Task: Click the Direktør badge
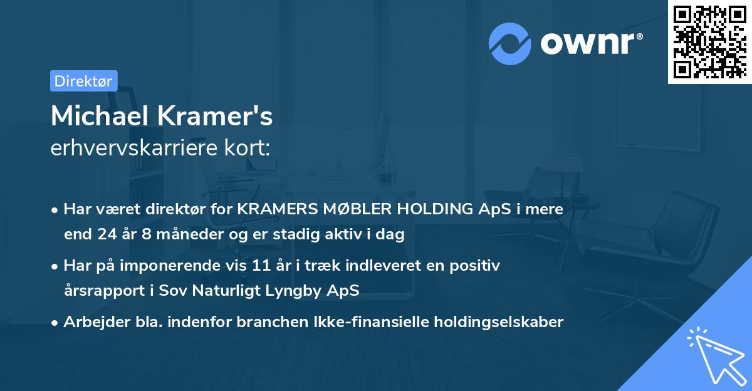click(83, 81)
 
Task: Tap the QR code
click(709, 41)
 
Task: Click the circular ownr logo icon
click(510, 44)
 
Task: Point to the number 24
click(107, 235)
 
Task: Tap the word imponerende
click(192, 266)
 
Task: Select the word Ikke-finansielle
click(358, 322)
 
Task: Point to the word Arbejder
click(93, 322)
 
